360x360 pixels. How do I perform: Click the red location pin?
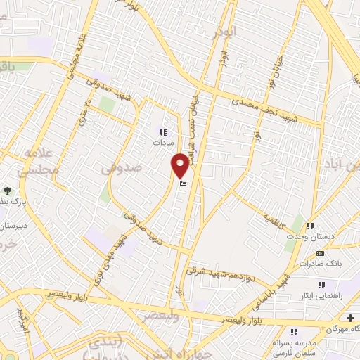[x=180, y=165]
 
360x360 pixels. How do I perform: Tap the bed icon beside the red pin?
[x=184, y=184]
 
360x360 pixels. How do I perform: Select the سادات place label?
[x=162, y=141]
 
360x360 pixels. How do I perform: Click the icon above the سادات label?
[x=163, y=131]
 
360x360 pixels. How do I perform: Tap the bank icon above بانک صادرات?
[x=321, y=254]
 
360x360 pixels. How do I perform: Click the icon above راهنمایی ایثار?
[x=321, y=285]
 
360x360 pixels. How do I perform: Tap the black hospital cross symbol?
[x=351, y=319]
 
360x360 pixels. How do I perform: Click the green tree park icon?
[x=8, y=190]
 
